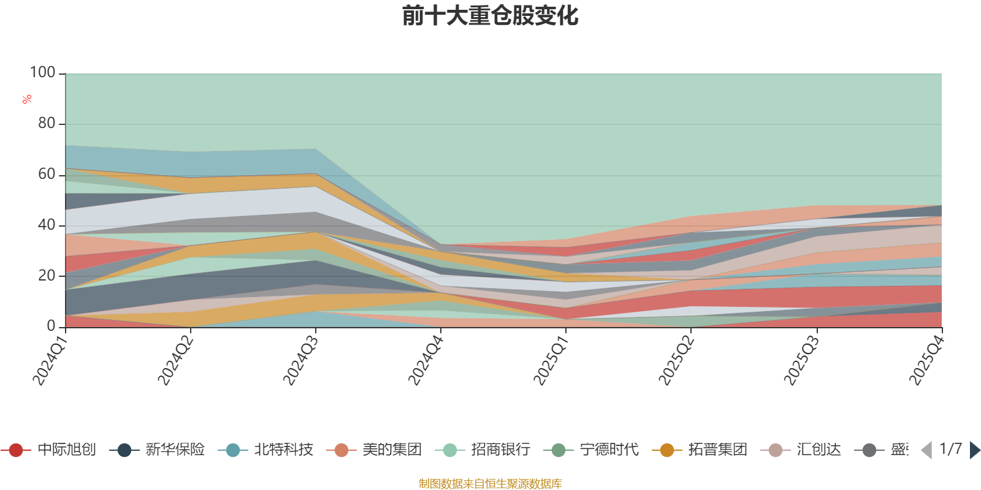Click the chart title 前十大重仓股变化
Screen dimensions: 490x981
click(490, 16)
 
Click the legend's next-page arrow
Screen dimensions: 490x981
click(974, 450)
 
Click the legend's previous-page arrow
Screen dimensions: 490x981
click(926, 450)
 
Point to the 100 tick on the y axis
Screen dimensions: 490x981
click(43, 73)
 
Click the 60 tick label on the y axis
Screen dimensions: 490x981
click(47, 175)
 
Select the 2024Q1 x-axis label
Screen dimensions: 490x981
click(50, 361)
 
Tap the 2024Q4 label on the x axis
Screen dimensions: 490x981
click(426, 361)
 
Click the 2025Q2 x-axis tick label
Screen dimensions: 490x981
click(676, 361)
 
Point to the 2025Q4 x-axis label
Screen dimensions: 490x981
click(926, 361)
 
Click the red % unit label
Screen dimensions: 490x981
click(27, 99)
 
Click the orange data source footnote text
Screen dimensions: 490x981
click(490, 484)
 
